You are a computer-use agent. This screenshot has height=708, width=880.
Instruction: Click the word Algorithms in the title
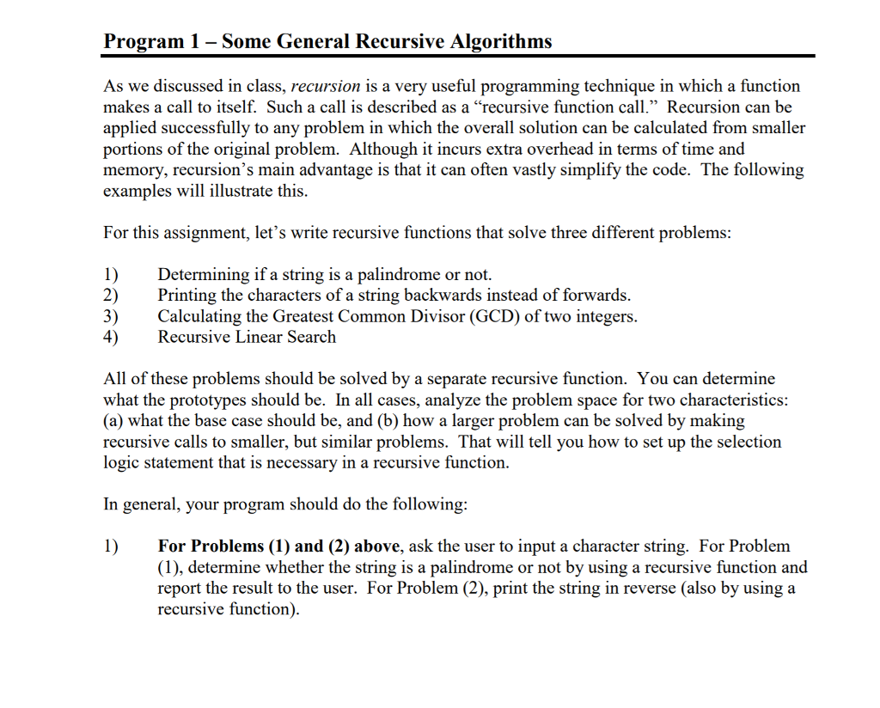click(501, 40)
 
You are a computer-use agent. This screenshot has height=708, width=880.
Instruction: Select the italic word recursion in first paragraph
click(326, 86)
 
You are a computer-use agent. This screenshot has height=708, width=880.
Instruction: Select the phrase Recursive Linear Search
click(247, 337)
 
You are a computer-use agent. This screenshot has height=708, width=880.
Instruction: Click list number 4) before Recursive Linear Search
click(111, 337)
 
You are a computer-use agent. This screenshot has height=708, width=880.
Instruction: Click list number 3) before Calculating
click(111, 316)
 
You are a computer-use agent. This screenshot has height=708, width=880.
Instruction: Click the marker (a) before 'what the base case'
click(113, 421)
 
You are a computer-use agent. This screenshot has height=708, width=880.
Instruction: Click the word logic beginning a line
click(123, 462)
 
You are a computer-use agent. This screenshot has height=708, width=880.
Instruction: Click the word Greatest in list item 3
click(302, 316)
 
